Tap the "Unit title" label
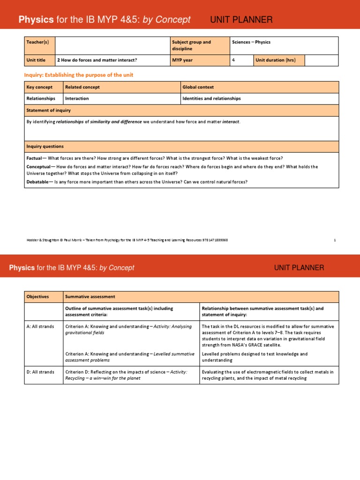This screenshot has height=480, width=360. [36, 60]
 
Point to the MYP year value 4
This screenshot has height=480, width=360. [233, 60]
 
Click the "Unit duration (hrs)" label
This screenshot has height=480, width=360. [276, 60]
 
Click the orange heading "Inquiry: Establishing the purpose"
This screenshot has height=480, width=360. [78, 75]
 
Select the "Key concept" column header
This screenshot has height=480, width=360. [39, 87]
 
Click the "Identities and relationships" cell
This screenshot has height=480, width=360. [211, 98]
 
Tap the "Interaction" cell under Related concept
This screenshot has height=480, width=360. [77, 98]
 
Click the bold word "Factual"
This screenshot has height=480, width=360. [34, 158]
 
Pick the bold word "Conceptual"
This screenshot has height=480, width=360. [38, 166]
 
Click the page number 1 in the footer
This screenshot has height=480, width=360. [335, 240]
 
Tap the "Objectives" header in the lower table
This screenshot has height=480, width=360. [37, 297]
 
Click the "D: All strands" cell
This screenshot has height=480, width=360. [40, 372]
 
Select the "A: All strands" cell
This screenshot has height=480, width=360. [40, 326]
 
